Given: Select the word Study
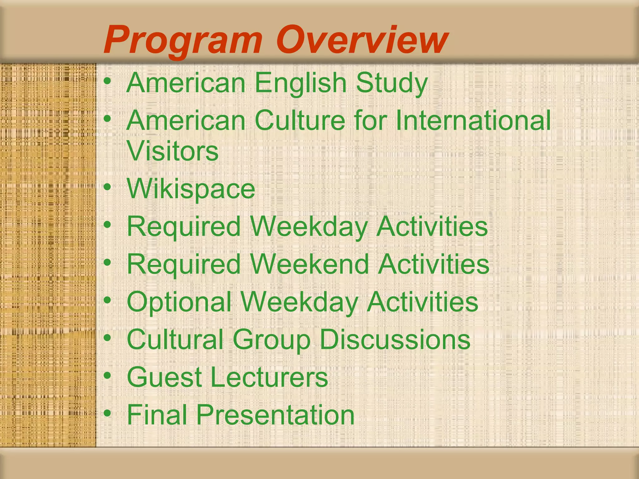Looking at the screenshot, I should (x=392, y=83).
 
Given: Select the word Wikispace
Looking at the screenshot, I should (x=191, y=189).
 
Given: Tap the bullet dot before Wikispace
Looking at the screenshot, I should (x=107, y=187).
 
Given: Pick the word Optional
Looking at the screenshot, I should (x=179, y=302).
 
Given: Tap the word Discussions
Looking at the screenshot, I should (x=395, y=339).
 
